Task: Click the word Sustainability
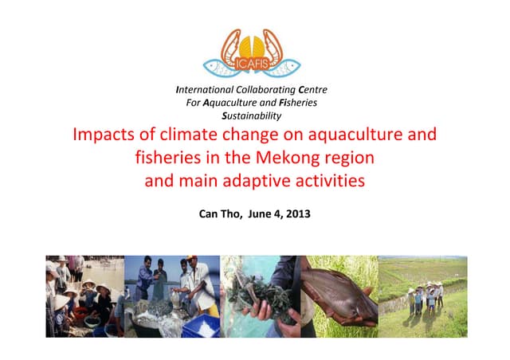tap(254, 115)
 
